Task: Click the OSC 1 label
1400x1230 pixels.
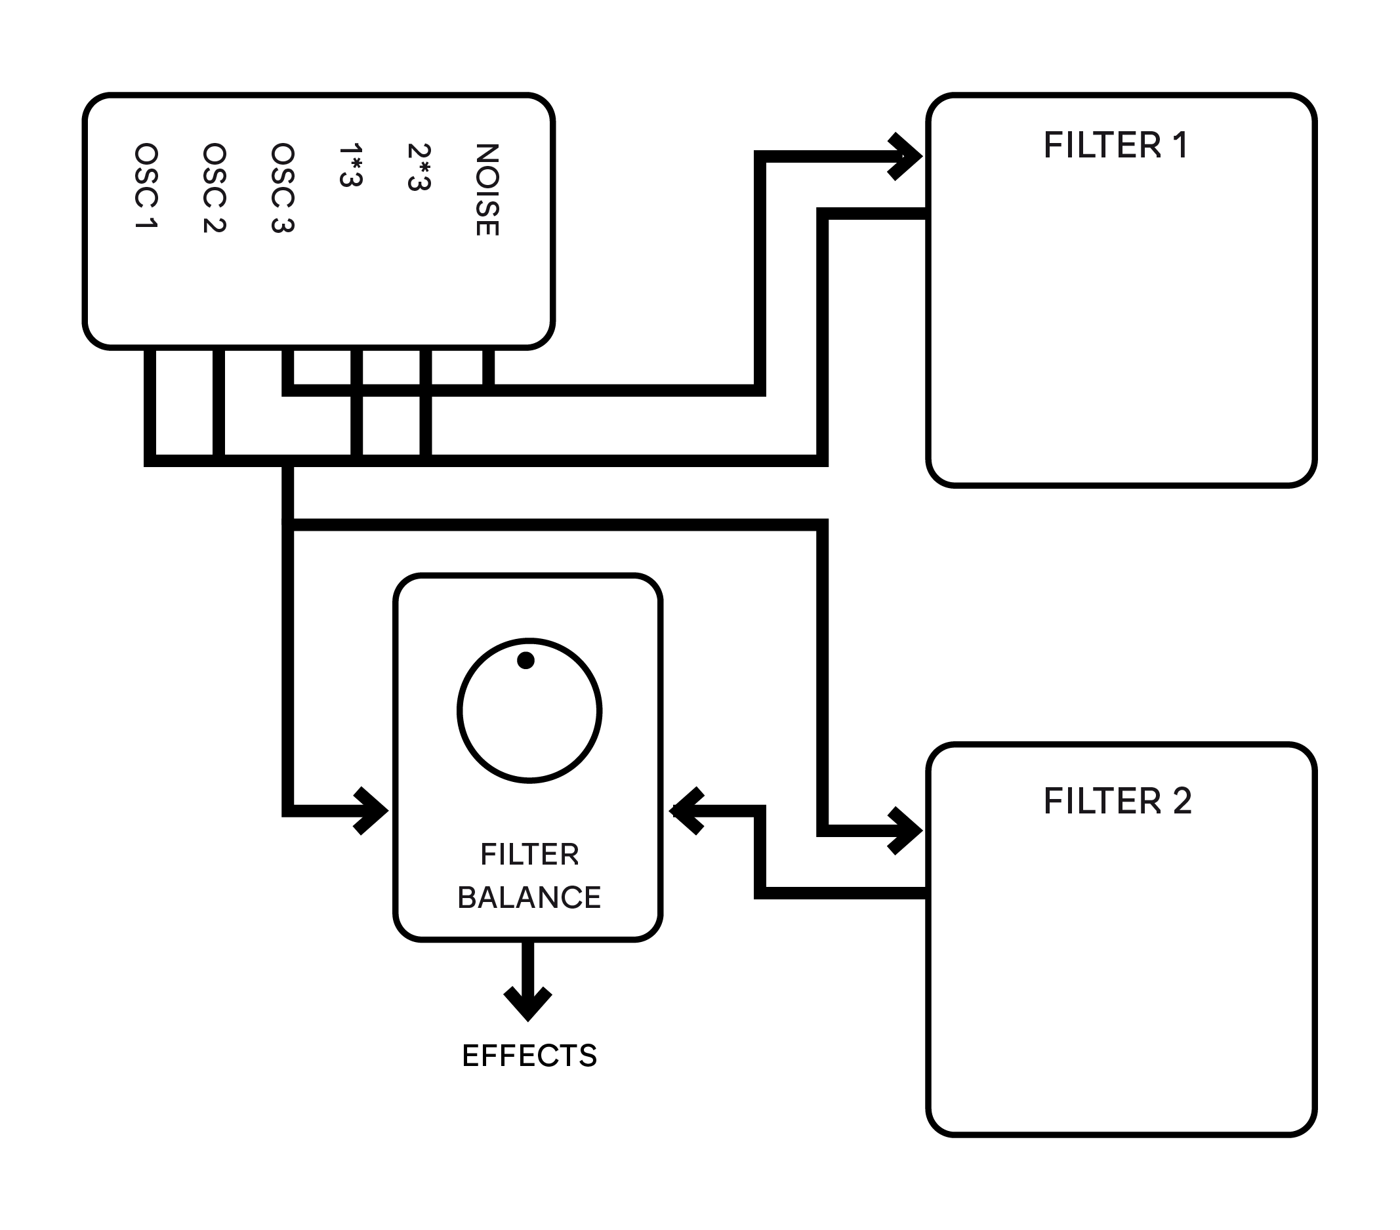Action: point(146,186)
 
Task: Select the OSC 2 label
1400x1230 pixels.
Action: point(215,188)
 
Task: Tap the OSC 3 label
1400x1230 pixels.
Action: point(283,188)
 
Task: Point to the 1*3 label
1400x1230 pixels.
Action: point(351,165)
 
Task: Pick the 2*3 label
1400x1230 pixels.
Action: point(419,167)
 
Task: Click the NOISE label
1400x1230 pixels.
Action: point(487,190)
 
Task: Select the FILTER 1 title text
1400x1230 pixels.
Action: point(1116,145)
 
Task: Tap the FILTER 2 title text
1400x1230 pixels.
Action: point(1118,801)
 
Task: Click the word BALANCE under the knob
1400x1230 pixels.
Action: point(529,898)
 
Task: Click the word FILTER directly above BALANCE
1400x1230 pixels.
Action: point(529,855)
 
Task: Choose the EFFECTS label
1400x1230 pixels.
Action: point(529,1056)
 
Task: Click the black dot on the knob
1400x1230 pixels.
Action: point(526,660)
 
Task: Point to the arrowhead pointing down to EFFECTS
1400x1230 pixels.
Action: point(528,1004)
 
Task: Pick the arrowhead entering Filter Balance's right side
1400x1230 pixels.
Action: point(686,811)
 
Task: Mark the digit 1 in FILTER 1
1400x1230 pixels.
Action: point(1181,145)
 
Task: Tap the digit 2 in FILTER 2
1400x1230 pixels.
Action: point(1182,801)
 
